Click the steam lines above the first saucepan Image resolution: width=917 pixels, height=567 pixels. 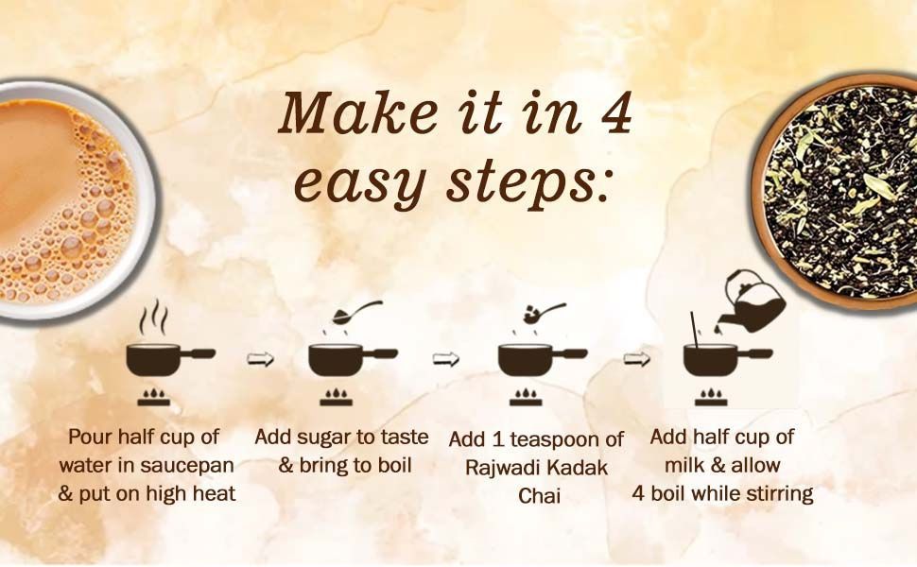[152, 318]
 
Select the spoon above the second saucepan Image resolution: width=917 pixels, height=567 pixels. [356, 312]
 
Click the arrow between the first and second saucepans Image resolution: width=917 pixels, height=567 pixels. [260, 359]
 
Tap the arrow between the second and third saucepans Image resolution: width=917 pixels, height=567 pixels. [445, 359]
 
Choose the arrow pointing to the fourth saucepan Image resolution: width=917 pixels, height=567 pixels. [636, 359]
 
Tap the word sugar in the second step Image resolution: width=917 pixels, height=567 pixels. [328, 438]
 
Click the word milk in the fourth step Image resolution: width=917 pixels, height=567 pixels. [684, 465]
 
